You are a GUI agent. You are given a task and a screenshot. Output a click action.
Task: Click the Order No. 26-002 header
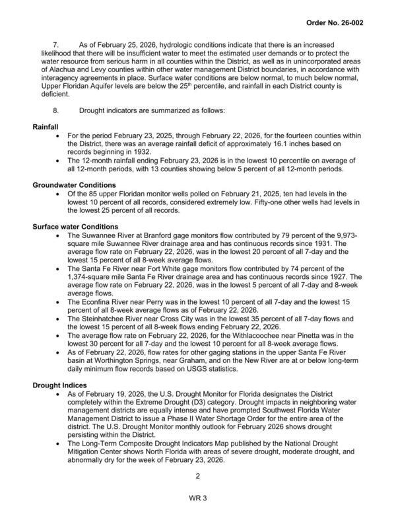click(x=353, y=22)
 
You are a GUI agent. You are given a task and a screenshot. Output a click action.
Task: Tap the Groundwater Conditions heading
click(x=75, y=184)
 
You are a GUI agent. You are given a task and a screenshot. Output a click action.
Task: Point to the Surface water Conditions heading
click(x=79, y=227)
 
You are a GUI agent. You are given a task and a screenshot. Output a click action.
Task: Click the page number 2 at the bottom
click(x=197, y=476)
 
